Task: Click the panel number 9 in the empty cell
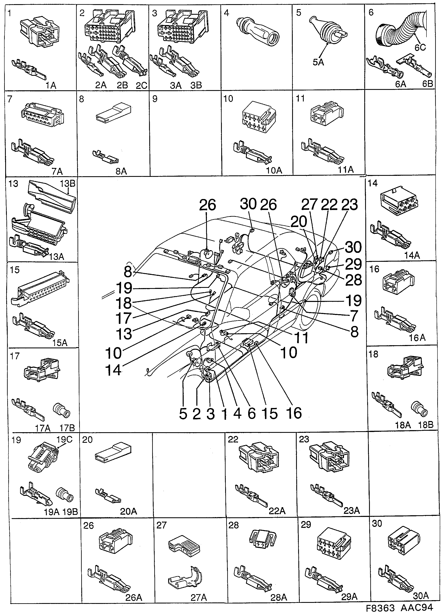[155, 99]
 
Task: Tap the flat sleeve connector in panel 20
[113, 453]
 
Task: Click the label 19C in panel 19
[64, 439]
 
